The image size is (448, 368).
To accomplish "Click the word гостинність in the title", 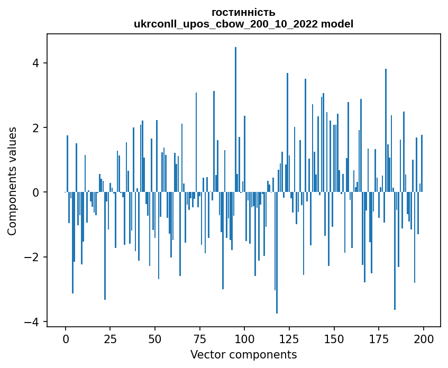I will click(x=243, y=13).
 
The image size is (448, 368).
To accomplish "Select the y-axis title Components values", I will click(x=12, y=181).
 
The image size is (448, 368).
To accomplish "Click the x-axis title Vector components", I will click(x=243, y=354).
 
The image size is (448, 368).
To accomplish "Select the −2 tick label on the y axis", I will click(x=33, y=257).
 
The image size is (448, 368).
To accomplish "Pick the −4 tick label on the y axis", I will click(x=33, y=321).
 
